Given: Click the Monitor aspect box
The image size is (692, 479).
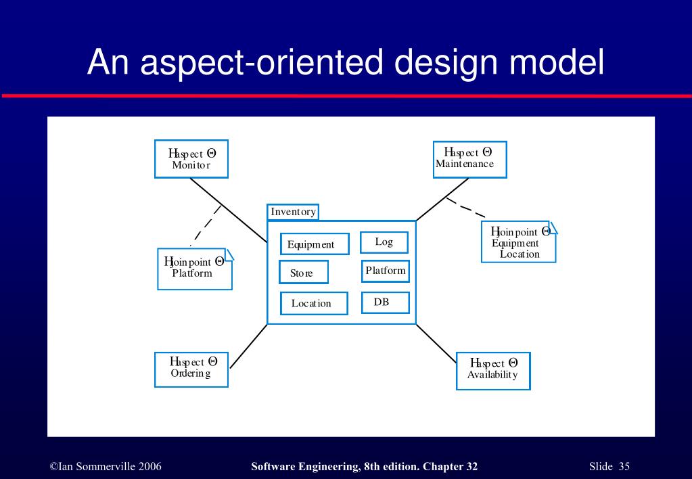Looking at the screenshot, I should pos(191,159).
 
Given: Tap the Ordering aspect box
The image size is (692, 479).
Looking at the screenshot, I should pos(191,369).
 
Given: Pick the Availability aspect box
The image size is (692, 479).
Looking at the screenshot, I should pos(493,370).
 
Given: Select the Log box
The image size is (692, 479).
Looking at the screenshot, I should pos(383,242).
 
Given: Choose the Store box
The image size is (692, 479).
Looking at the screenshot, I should pos(303,273).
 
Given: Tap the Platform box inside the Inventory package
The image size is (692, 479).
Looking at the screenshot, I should pos(386,271).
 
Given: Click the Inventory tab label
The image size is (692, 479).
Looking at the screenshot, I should pos(293,212).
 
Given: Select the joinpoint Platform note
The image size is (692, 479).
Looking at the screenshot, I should pos(195,268).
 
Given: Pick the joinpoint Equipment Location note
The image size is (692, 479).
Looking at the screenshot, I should pos(519,242).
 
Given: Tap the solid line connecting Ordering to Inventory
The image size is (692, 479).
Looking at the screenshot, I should pos(248,346).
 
